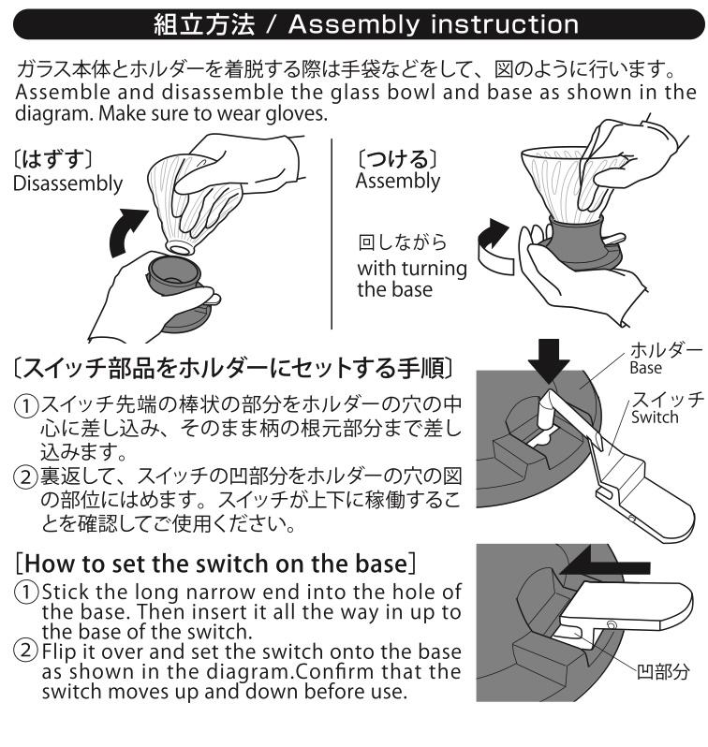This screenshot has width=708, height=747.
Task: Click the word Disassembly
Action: [67, 183]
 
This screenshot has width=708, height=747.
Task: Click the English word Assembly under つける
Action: [398, 182]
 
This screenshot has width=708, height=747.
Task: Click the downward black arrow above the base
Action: [548, 360]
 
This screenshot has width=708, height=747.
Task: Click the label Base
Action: [645, 368]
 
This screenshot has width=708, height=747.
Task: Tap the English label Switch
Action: [655, 417]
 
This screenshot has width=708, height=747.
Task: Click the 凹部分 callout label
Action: [663, 672]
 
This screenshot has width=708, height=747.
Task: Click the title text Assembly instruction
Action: [434, 24]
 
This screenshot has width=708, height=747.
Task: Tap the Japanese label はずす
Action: [52, 159]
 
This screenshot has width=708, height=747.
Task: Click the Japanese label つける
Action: [397, 159]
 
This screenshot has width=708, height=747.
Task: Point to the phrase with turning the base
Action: [412, 279]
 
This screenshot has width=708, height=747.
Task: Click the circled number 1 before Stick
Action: [26, 593]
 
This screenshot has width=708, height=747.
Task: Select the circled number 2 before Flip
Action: [26, 651]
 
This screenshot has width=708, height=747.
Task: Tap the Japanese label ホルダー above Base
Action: [666, 351]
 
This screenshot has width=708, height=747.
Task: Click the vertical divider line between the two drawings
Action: [332, 233]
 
